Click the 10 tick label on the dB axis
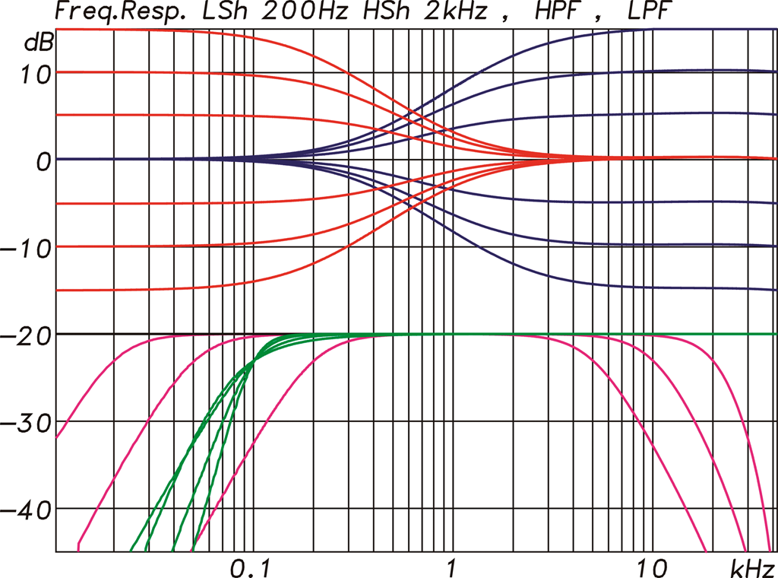pyautogui.click(x=35, y=75)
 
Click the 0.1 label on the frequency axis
pyautogui.click(x=247, y=567)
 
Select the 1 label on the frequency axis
pyautogui.click(x=452, y=567)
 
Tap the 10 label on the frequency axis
pyautogui.click(x=647, y=567)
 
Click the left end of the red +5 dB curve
pyautogui.click(x=59, y=115)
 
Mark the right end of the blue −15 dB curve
pyautogui.click(x=773, y=290)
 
